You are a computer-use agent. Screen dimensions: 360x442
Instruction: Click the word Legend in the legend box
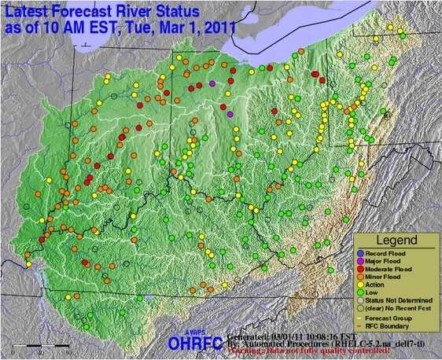coord(395,239)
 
